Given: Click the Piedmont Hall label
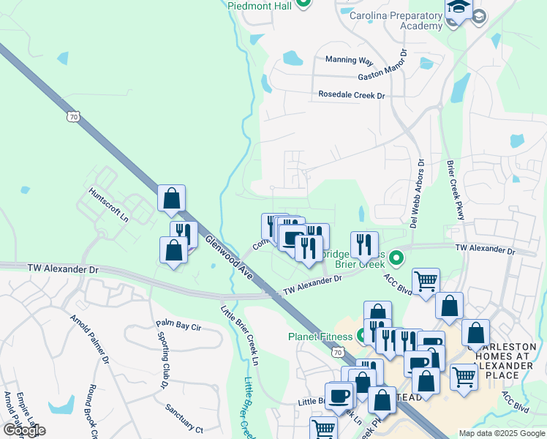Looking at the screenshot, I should coord(260,5).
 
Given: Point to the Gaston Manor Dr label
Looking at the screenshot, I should coord(382,67).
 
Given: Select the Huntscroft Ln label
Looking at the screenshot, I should coord(108,207).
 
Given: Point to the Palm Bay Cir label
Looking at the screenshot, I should coord(178,323).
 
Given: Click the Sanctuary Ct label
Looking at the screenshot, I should coord(184,418).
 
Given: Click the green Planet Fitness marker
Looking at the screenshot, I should coord(362,337).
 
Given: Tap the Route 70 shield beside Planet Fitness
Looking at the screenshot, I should coord(336,353).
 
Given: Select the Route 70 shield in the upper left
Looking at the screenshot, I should coord(72,116).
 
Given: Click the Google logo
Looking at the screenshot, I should coord(24,429).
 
